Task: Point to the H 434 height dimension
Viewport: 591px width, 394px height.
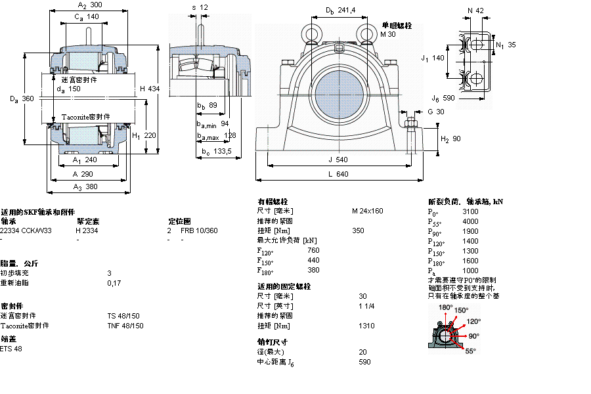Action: pos(149,89)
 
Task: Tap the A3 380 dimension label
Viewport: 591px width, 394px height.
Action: pos(85,187)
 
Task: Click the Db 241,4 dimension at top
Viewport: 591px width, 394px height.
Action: pos(341,11)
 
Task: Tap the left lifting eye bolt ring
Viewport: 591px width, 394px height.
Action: pos(310,32)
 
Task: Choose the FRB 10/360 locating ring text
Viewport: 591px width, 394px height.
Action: pos(199,230)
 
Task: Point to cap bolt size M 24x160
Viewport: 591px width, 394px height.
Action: pos(367,211)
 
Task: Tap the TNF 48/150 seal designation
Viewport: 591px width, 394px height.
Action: pos(123,326)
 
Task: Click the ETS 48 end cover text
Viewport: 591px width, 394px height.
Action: pos(11,349)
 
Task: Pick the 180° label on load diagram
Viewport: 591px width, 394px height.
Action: pos(445,307)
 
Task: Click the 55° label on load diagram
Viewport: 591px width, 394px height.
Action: pos(470,351)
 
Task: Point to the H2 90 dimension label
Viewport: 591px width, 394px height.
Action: pos(450,139)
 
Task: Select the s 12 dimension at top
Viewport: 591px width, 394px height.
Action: pos(200,7)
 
